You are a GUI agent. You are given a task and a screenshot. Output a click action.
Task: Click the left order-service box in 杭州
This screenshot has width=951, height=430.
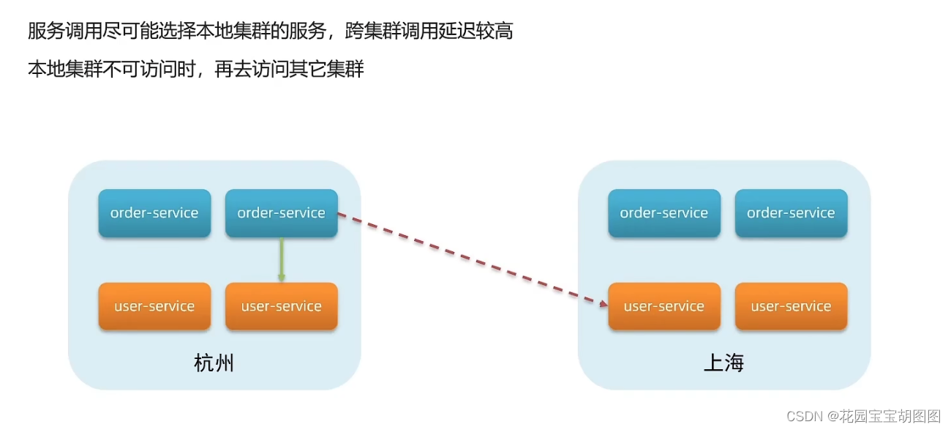pos(154,213)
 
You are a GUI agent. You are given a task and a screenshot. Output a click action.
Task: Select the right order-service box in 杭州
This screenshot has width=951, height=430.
pos(281,213)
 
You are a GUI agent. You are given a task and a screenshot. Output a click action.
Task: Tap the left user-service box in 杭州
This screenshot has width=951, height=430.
pos(154,306)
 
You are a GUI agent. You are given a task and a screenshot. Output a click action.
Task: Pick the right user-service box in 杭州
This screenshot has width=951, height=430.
pos(281,306)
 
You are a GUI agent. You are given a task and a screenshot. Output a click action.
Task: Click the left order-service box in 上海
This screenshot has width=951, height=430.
pos(664,213)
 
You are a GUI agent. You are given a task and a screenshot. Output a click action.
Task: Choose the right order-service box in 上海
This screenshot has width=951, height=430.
pos(791,213)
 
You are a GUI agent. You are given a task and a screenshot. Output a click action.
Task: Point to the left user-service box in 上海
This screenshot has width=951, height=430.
pos(664,306)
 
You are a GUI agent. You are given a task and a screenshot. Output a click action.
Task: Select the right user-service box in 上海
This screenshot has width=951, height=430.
pos(791,306)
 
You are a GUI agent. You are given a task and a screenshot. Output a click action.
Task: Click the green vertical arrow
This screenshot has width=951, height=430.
pos(281,256)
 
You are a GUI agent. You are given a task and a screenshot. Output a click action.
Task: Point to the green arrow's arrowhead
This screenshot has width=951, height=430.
pos(281,278)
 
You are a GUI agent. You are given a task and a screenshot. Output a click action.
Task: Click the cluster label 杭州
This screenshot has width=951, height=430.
pos(214,363)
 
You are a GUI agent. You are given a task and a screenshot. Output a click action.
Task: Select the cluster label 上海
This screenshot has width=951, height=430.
pos(723,363)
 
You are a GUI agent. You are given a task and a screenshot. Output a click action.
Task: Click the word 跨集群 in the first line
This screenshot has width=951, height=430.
pos(370,31)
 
